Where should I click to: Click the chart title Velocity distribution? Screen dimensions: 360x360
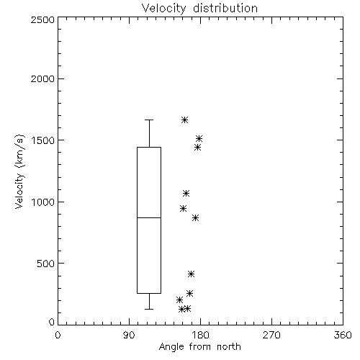click(199, 8)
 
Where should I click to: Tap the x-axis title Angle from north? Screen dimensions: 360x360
click(199, 347)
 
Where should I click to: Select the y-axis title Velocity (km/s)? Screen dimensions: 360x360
click(19, 171)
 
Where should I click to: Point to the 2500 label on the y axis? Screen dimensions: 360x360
click(42, 19)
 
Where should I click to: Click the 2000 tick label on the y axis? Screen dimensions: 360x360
click(42, 78)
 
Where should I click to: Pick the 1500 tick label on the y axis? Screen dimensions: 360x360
click(43, 140)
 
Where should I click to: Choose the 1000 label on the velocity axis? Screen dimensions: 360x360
click(43, 202)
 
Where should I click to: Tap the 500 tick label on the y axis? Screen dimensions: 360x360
click(46, 264)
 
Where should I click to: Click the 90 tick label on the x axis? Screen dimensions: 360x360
click(129, 335)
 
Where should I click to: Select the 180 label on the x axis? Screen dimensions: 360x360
click(200, 335)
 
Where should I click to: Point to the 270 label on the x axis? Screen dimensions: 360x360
click(271, 335)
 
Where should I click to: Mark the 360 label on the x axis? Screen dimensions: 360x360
click(343, 335)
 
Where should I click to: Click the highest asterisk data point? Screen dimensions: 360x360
click(184, 120)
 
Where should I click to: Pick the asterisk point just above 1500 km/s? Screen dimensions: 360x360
click(199, 138)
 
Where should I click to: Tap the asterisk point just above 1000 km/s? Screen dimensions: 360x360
click(186, 193)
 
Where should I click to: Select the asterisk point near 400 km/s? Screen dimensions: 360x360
click(191, 274)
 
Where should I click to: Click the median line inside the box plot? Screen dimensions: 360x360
click(149, 217)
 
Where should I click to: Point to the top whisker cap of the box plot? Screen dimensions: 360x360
click(149, 120)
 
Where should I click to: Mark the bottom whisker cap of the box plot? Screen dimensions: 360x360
click(149, 309)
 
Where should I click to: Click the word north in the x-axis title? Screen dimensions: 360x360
click(229, 347)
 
